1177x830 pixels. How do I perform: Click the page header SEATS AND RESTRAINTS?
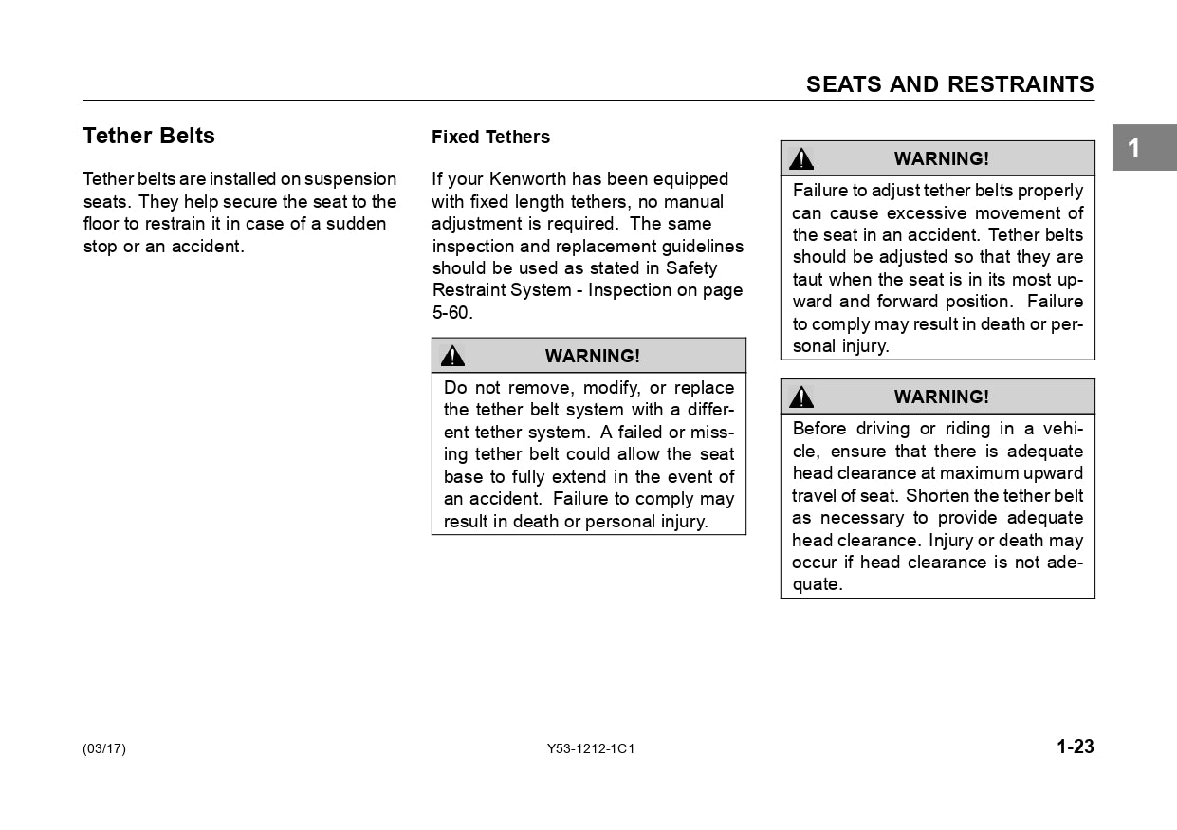(949, 84)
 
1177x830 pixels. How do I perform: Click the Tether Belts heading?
(149, 136)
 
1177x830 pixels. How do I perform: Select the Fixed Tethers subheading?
(490, 138)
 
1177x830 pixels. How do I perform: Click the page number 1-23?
(1076, 747)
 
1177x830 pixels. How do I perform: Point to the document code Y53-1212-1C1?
(591, 749)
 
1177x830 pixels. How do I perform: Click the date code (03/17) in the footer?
(104, 749)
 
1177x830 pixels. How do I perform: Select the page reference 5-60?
(451, 313)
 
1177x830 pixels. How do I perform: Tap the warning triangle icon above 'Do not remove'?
(453, 356)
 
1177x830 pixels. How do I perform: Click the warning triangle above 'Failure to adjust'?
(801, 158)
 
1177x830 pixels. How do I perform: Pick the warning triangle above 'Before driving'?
(801, 397)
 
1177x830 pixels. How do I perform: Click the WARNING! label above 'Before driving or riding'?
(941, 397)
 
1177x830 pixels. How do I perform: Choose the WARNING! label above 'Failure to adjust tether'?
(941, 158)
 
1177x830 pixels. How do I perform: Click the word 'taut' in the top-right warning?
(808, 280)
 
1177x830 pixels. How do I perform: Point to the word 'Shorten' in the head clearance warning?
(937, 496)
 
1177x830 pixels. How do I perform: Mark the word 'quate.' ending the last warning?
(818, 585)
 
